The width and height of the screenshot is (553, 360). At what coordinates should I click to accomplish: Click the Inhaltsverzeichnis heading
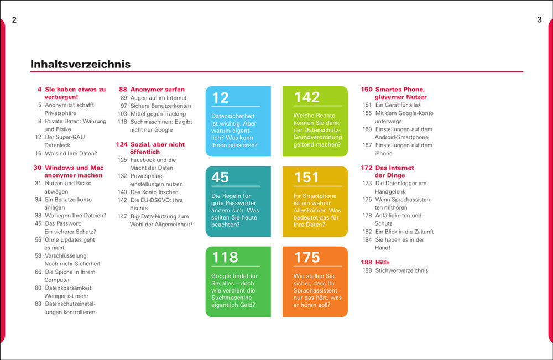(81, 64)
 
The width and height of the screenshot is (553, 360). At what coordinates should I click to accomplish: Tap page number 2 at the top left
(14, 20)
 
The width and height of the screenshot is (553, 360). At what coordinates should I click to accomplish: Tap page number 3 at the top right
(539, 20)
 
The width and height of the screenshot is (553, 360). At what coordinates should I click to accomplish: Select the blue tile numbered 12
(238, 121)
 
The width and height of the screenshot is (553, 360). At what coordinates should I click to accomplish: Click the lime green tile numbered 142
(315, 121)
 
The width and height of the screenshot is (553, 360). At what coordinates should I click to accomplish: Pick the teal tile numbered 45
(238, 201)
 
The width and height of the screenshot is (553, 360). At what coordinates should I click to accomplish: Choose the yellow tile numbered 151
(315, 201)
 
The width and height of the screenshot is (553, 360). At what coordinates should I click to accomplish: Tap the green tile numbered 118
(238, 281)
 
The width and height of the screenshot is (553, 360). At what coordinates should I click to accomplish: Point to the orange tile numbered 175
(315, 281)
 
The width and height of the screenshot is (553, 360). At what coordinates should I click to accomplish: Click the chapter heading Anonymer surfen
(158, 89)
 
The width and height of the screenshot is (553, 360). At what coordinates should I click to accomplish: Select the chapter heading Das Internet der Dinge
(394, 171)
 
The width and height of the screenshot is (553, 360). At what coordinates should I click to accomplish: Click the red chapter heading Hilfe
(383, 262)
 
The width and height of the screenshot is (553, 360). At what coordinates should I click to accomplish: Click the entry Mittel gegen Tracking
(158, 113)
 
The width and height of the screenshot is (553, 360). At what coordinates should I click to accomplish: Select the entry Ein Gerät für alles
(398, 105)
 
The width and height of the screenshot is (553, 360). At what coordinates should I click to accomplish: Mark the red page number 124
(122, 144)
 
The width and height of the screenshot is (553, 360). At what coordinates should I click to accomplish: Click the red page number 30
(38, 168)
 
